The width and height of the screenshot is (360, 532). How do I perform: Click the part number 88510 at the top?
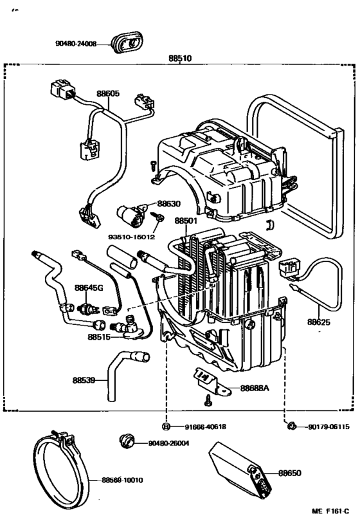180,59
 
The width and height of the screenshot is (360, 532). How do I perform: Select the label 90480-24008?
76,44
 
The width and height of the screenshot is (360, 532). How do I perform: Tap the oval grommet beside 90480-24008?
127,42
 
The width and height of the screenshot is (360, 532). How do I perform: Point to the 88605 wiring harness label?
108,93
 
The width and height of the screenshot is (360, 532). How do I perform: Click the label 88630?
168,203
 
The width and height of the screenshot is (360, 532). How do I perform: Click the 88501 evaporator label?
186,221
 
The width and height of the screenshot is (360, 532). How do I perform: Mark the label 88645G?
89,288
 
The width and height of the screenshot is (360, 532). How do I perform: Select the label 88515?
99,337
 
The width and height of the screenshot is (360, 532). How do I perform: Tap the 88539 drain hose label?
84,380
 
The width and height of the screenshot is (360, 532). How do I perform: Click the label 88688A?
255,388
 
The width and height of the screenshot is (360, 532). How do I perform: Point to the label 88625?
319,322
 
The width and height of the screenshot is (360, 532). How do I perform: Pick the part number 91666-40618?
206,427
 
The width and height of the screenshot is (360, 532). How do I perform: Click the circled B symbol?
166,427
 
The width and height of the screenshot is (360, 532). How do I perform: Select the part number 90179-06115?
328,427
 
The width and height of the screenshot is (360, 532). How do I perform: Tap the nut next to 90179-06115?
291,426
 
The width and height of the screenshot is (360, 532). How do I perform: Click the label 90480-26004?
168,443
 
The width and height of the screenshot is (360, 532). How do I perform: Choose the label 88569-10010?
122,480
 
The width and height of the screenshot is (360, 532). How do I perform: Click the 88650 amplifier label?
290,473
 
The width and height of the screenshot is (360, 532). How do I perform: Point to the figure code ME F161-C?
330,520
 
